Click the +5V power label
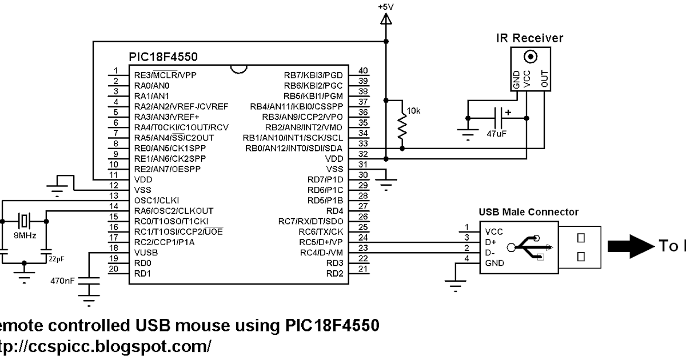point(386,7)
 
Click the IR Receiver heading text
point(529,38)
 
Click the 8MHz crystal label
point(24,235)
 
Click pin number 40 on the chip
point(362,70)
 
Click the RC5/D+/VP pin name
point(319,242)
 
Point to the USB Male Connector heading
point(528,212)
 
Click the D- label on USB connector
point(490,252)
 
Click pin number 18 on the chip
point(115,248)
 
